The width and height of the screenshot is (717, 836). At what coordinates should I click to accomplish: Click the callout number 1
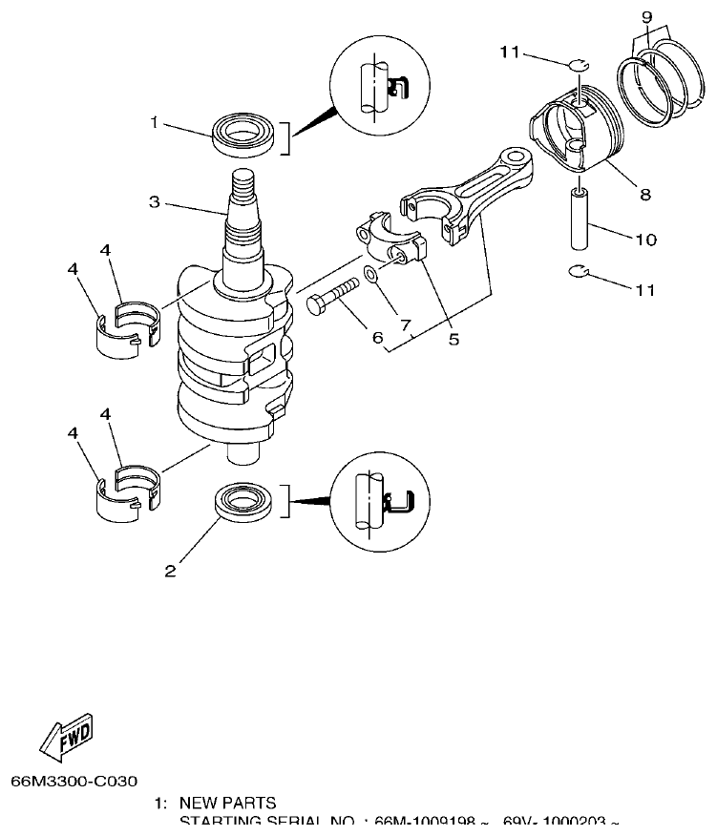click(153, 122)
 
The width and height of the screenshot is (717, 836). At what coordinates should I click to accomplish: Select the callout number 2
click(170, 572)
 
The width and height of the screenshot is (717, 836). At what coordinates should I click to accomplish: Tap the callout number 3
click(153, 201)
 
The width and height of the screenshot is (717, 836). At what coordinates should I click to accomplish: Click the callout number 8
click(645, 194)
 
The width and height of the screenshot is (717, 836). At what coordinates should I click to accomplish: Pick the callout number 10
click(645, 240)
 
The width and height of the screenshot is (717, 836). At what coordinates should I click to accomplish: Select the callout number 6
click(378, 337)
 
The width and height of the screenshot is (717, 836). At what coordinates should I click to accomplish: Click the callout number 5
click(453, 338)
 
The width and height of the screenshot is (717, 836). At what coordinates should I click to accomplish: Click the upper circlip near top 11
click(576, 65)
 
